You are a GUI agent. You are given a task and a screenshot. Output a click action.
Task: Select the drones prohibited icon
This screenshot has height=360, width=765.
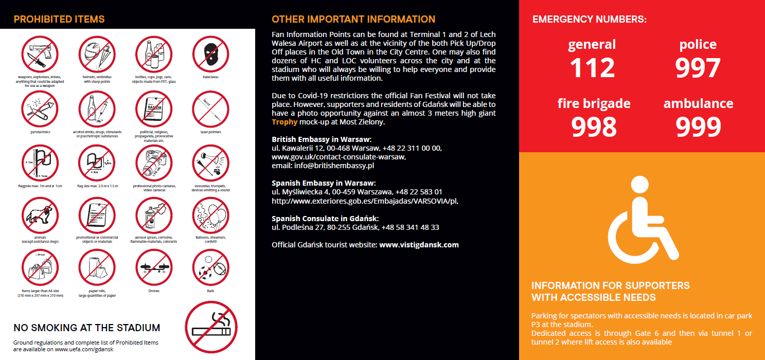(x=153, y=268)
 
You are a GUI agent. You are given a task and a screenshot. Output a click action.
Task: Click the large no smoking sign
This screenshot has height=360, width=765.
(x=211, y=327)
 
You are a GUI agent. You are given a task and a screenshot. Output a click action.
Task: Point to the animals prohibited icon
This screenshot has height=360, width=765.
(x=40, y=216)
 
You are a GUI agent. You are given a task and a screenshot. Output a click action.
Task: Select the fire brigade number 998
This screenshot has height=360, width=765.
(x=594, y=127)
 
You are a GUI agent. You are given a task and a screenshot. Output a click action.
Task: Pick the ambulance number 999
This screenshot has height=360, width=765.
(x=698, y=127)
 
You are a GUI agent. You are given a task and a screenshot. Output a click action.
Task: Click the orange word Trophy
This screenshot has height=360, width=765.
(x=284, y=122)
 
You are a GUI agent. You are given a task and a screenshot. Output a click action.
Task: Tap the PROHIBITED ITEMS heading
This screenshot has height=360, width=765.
(x=59, y=20)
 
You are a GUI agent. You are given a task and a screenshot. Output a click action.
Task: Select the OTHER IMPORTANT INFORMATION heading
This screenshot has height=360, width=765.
(x=353, y=20)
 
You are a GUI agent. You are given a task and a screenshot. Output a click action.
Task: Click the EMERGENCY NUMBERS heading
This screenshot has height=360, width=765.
(x=590, y=20)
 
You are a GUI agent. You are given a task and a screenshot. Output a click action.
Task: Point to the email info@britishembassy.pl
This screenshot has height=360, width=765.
(x=336, y=166)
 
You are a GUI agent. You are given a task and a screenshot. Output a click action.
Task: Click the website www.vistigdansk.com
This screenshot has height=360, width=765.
(x=419, y=245)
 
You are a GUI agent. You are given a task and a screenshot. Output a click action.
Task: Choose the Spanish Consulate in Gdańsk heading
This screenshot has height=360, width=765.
(x=325, y=218)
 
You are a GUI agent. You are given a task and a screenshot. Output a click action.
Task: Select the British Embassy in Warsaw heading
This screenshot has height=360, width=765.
(x=322, y=139)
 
